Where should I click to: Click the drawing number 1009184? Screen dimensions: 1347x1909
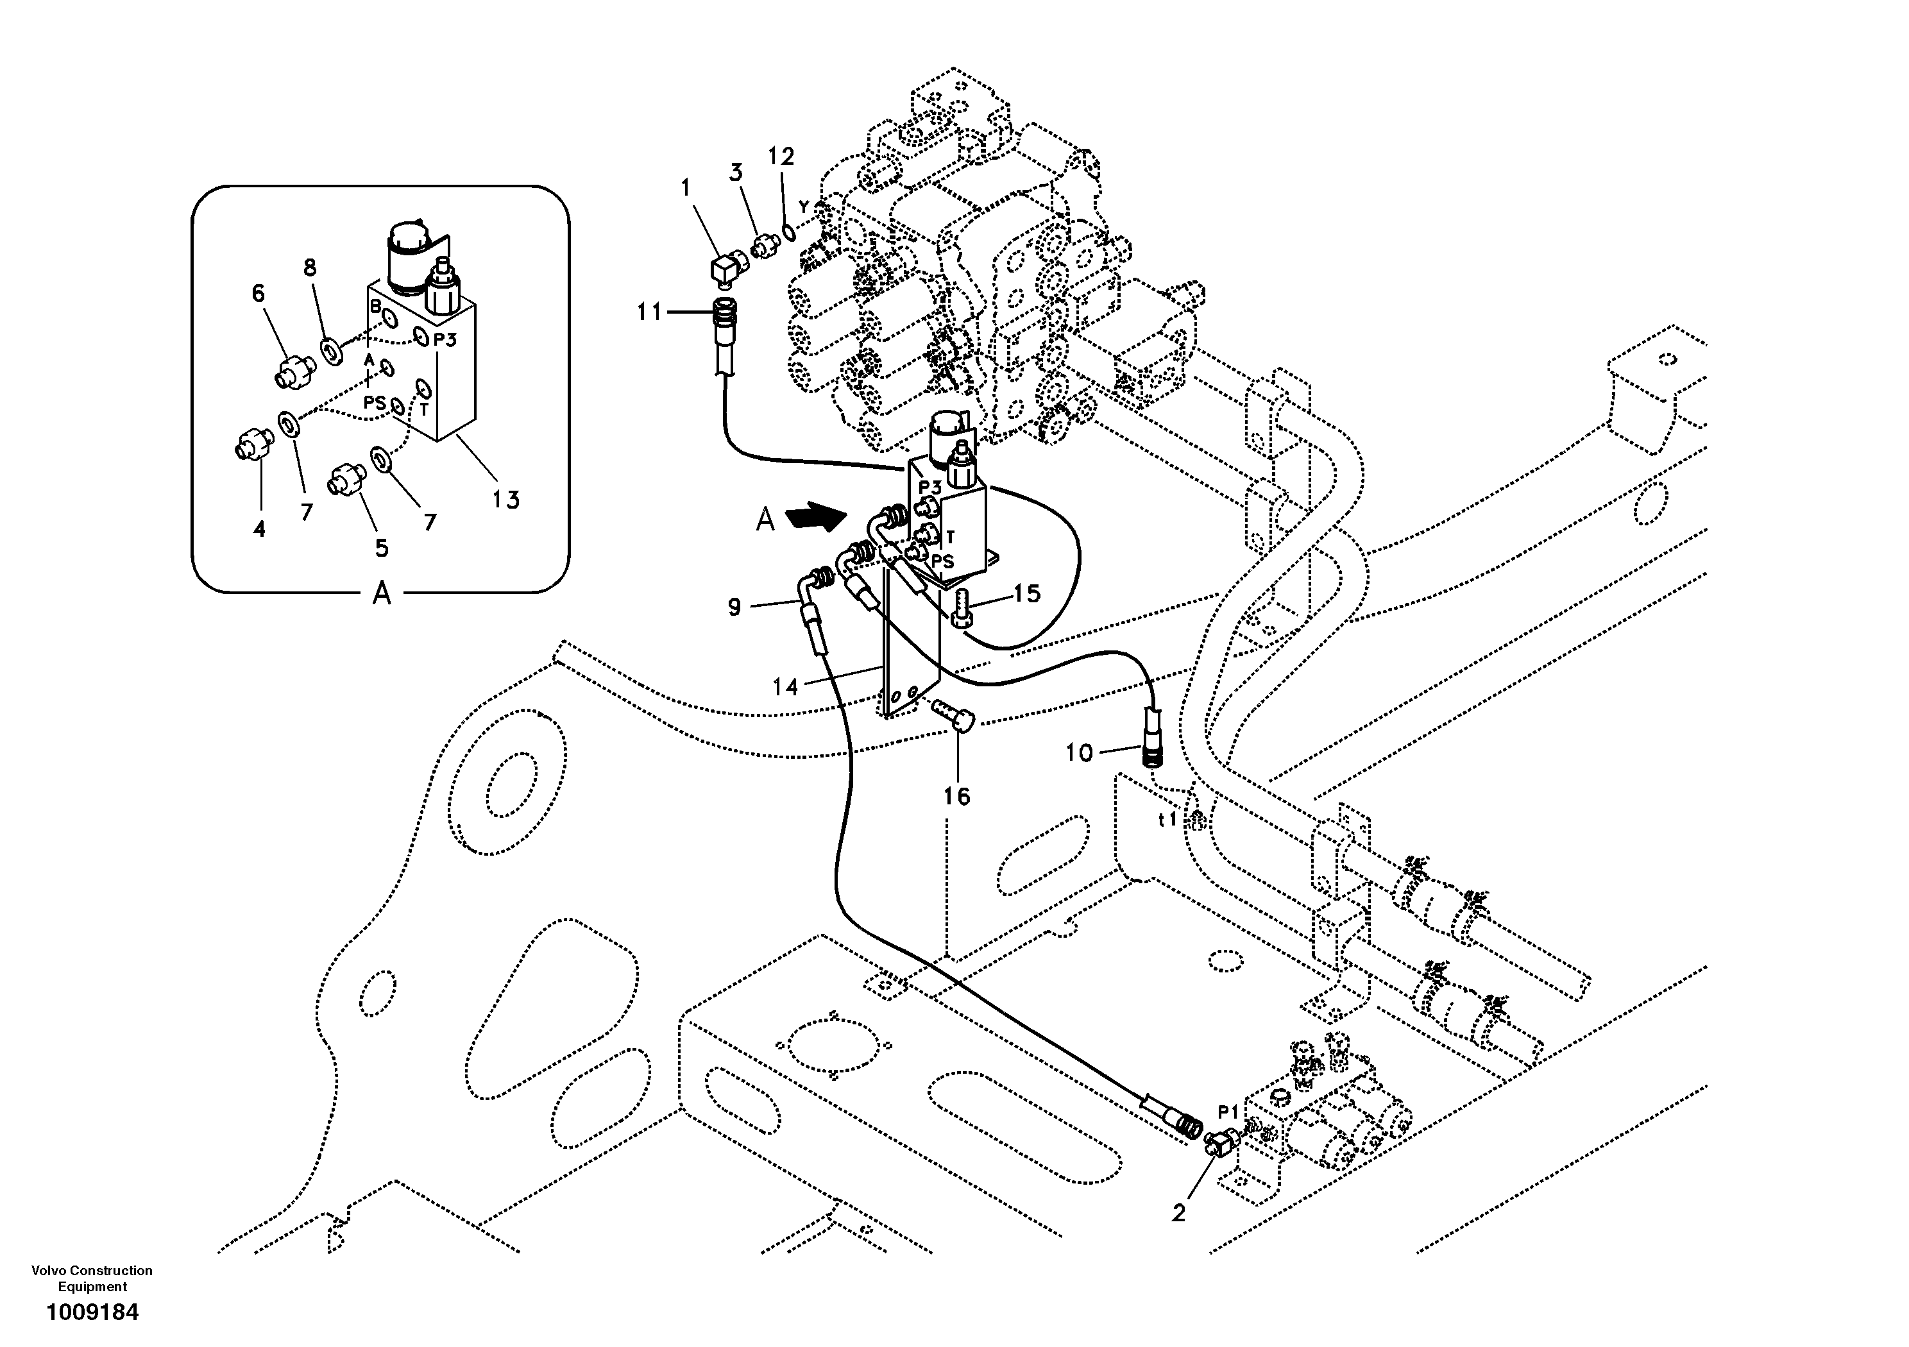(92, 1313)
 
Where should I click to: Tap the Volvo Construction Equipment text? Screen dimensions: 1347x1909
(92, 1278)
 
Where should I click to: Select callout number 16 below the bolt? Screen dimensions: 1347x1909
(957, 796)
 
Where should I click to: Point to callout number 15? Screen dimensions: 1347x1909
(1028, 594)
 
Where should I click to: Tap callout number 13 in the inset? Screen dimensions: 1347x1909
(505, 500)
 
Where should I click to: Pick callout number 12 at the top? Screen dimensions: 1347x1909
(781, 157)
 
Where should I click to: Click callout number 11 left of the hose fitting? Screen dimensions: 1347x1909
(649, 312)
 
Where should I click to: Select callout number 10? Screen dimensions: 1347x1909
(1079, 753)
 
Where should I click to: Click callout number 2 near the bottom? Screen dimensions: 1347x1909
(1179, 1213)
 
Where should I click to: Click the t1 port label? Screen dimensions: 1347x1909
(1168, 819)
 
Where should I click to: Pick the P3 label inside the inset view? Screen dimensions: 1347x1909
(445, 339)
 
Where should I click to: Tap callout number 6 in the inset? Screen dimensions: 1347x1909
(259, 294)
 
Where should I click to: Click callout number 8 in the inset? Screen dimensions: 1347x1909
(309, 267)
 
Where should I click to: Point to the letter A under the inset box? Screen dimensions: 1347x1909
(382, 594)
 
